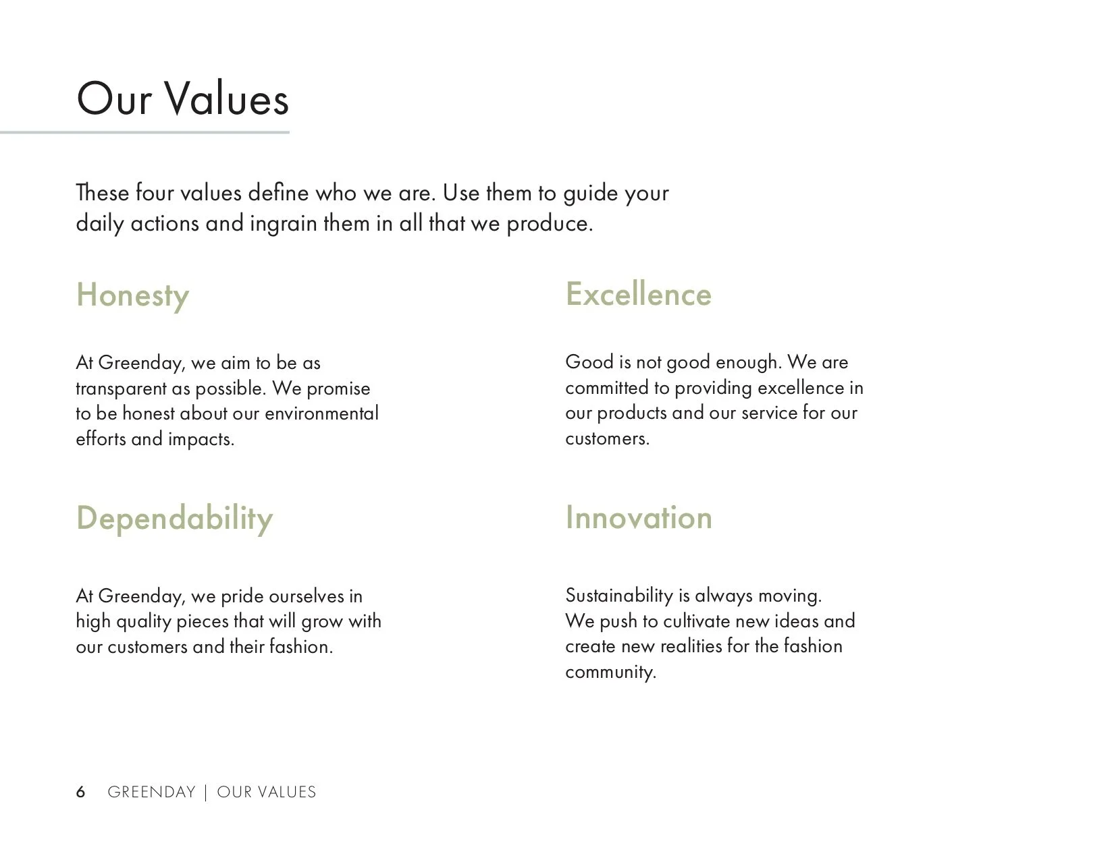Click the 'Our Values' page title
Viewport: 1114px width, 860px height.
(182, 99)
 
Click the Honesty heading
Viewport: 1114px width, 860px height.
(132, 295)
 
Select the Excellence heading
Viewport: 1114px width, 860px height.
(638, 294)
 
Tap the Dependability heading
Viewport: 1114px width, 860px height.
(174, 518)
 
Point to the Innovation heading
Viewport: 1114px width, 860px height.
(638, 517)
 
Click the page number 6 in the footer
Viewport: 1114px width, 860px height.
(81, 792)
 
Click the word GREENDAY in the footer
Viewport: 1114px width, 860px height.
(151, 792)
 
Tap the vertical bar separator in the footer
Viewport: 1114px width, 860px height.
(206, 792)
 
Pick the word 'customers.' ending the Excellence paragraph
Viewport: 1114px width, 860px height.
(607, 438)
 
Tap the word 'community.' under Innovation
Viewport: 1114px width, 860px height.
(610, 672)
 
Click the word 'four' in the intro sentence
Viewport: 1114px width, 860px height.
(155, 193)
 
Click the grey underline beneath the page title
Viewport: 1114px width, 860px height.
(144, 133)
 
